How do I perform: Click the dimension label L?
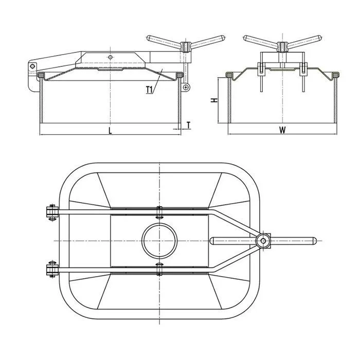(110, 131)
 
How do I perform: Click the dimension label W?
(282, 130)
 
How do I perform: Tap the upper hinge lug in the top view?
(51, 213)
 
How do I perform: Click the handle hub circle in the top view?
(264, 240)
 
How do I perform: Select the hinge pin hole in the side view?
(32, 66)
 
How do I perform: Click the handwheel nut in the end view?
(282, 47)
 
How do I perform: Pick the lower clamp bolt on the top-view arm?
(159, 267)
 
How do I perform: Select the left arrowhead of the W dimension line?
(230, 135)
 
